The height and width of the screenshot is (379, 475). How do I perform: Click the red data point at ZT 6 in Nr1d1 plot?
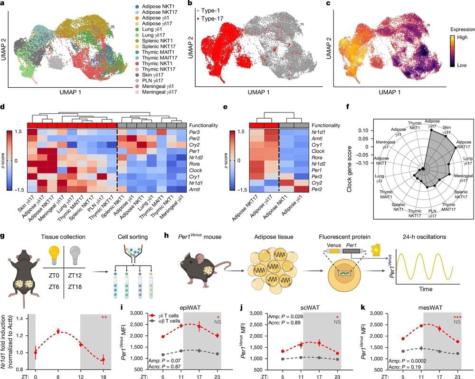(x=58, y=332)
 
